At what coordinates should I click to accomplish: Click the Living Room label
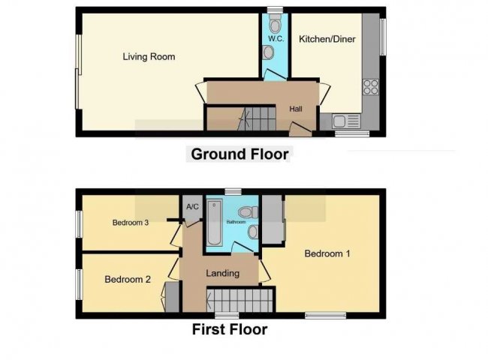click(149, 56)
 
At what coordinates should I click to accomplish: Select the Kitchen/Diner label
click(327, 38)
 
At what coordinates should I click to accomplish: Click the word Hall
click(296, 109)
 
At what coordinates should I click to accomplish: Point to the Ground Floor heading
click(239, 154)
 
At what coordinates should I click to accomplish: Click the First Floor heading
click(229, 328)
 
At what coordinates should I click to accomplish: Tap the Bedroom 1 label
click(327, 253)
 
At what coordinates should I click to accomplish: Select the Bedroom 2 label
click(128, 280)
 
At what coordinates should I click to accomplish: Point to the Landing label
click(223, 273)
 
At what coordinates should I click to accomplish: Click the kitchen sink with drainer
click(343, 121)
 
